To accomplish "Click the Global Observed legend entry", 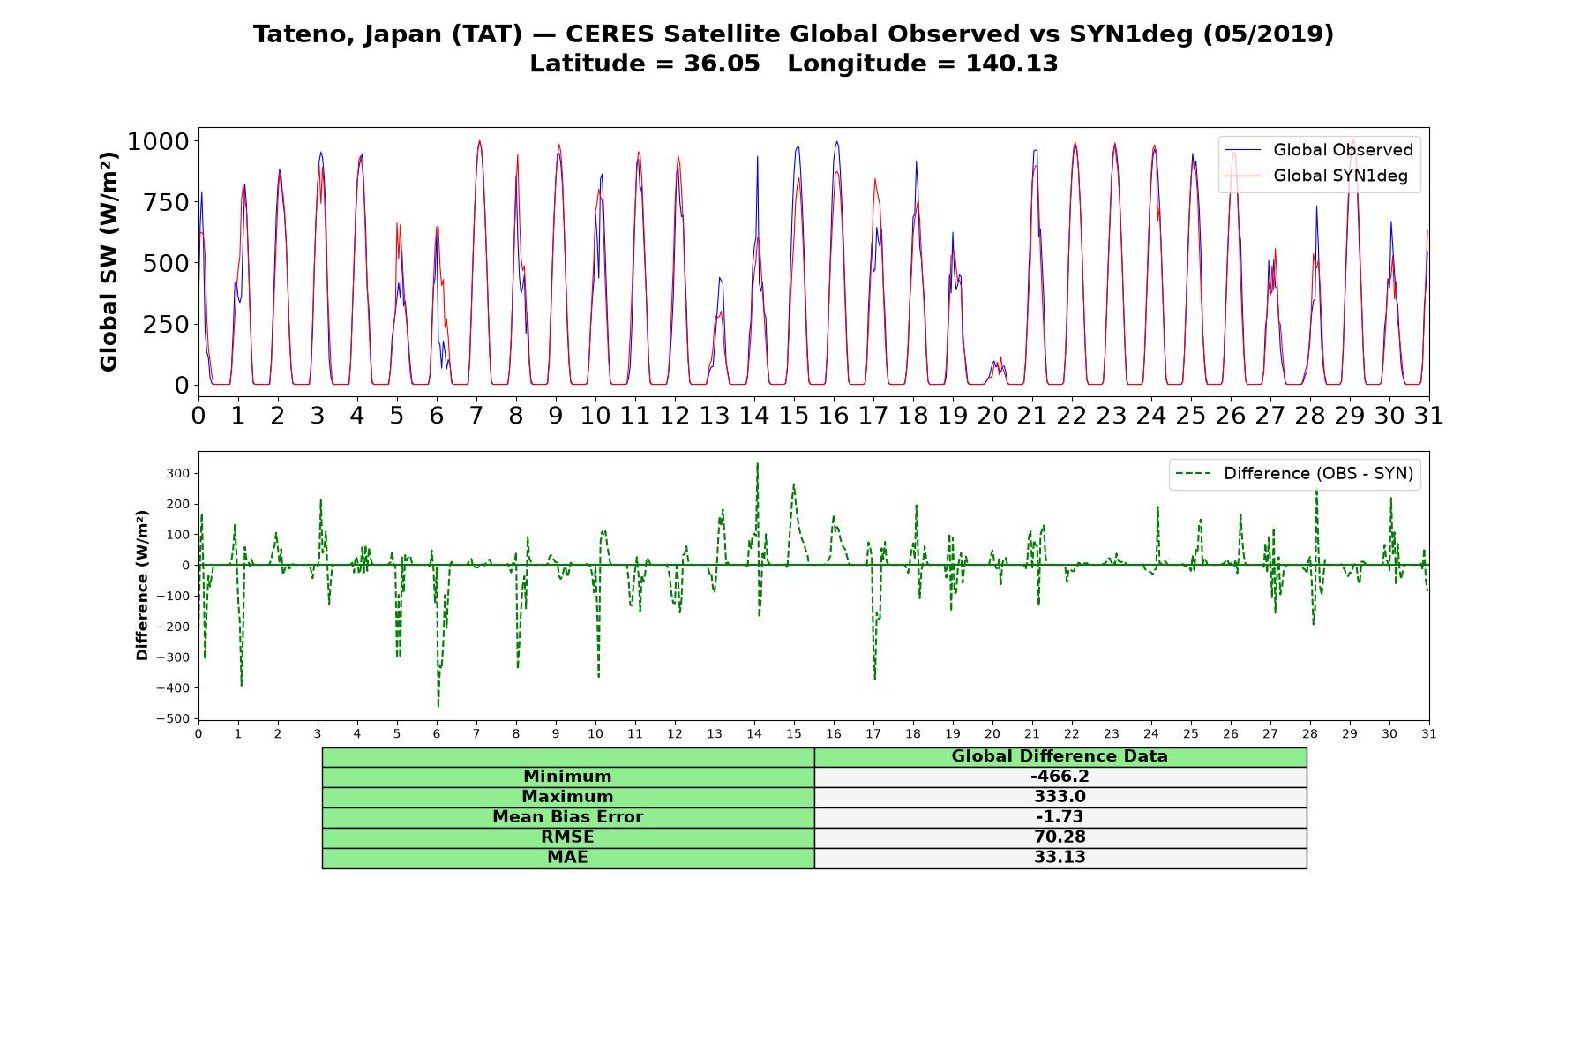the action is (x=1319, y=150).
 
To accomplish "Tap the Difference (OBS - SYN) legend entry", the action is (x=1294, y=474).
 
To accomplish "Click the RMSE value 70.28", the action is (x=1060, y=837).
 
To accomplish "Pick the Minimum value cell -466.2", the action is (x=1060, y=777).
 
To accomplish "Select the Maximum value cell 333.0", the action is (x=1060, y=797).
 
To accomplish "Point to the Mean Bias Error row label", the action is (x=567, y=817).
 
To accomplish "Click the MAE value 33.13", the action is (x=1060, y=858).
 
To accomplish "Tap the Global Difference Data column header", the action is (x=1060, y=756).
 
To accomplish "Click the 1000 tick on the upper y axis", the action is (x=158, y=141).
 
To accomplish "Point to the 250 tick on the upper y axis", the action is (x=166, y=324).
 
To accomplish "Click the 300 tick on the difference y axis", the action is (x=178, y=474).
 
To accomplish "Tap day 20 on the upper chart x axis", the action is (x=992, y=416).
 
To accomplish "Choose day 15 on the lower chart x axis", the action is (x=794, y=734).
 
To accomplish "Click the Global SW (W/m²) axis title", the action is (x=109, y=261).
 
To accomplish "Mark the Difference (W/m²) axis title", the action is (x=142, y=585).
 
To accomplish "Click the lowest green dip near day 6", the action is (x=438, y=705).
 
